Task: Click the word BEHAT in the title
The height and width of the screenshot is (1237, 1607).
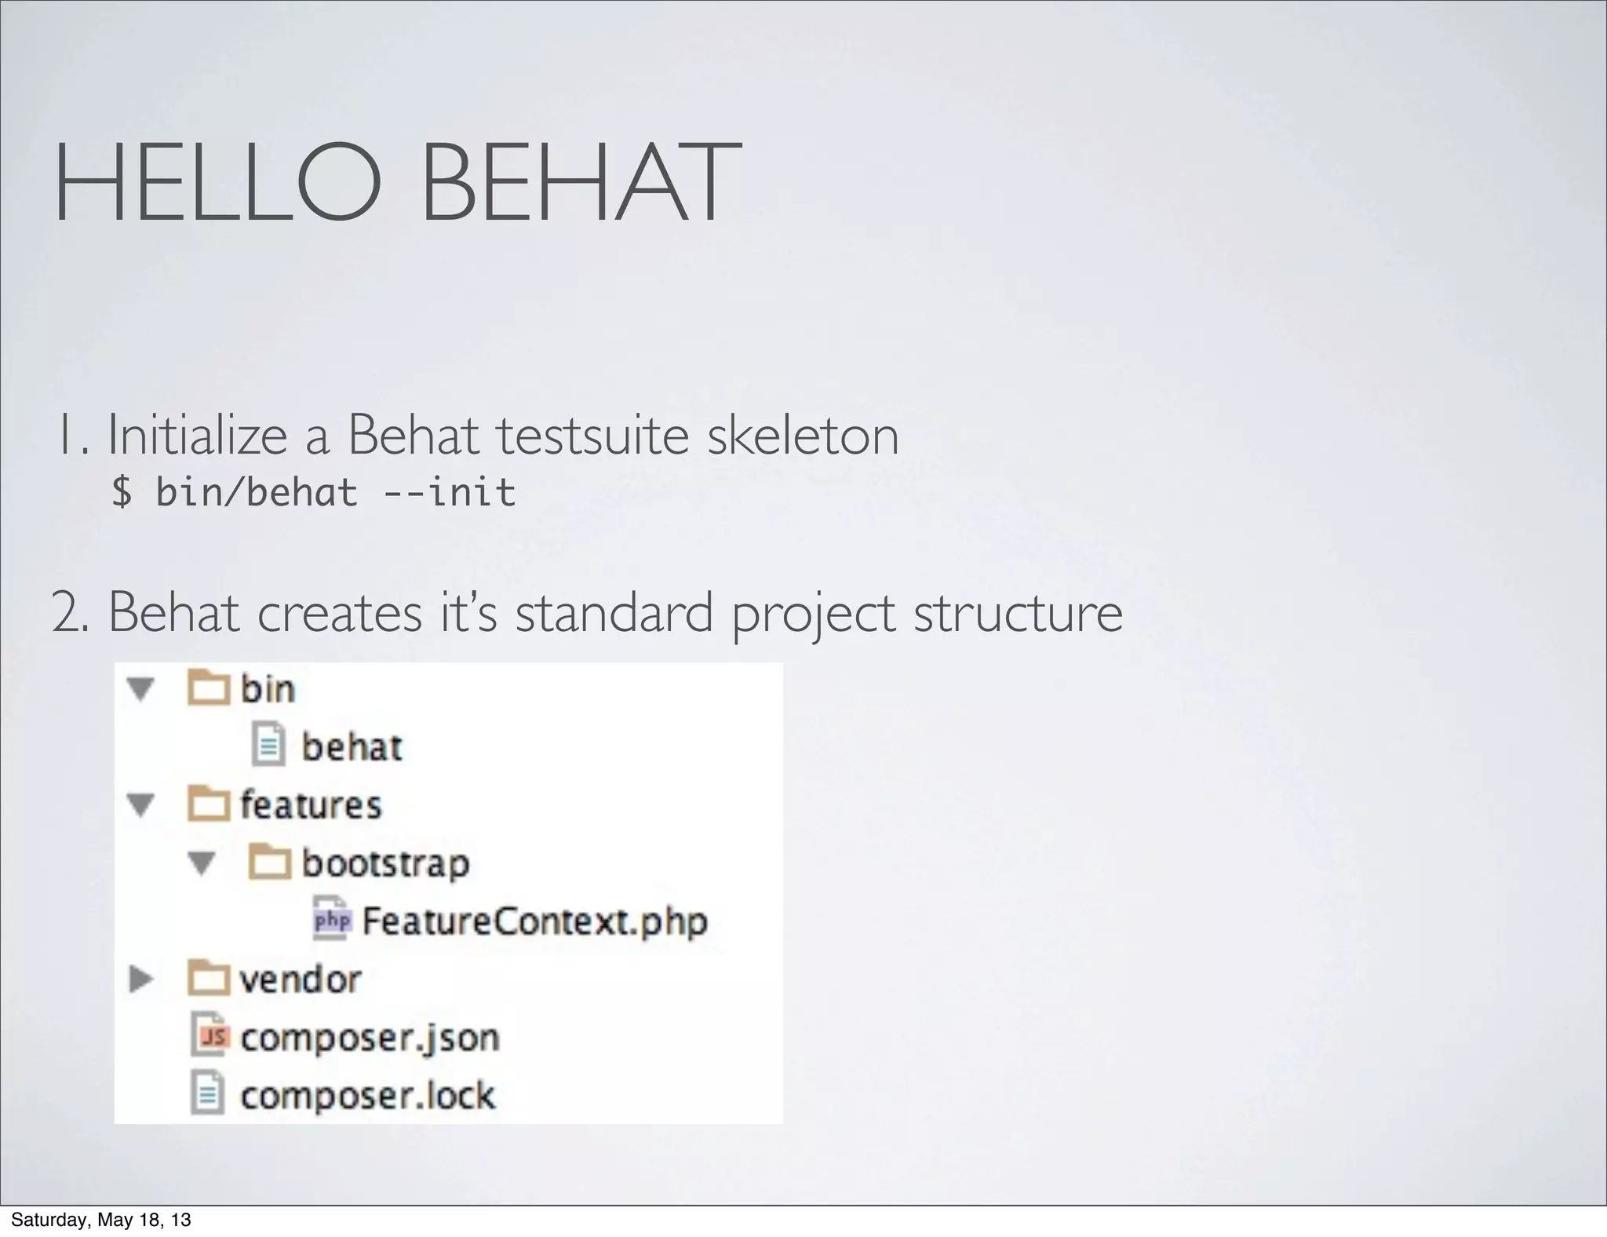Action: pyautogui.click(x=581, y=182)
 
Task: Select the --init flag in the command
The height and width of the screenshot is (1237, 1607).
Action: pyautogui.click(x=450, y=493)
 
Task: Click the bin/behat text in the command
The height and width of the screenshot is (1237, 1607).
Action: pyautogui.click(x=257, y=493)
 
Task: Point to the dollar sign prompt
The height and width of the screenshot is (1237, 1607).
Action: pyautogui.click(x=122, y=493)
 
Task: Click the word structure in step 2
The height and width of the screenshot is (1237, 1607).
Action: pyautogui.click(x=1018, y=613)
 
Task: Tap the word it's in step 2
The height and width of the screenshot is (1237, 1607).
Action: pyautogui.click(x=468, y=613)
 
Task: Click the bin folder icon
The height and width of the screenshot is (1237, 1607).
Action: pyautogui.click(x=208, y=689)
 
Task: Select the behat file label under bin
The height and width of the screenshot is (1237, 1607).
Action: pyautogui.click(x=352, y=747)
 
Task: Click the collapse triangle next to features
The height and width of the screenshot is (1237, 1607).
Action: pyautogui.click(x=141, y=805)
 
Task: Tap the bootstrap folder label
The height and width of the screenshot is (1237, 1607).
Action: pyautogui.click(x=385, y=863)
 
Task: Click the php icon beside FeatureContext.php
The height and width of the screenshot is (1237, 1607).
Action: pyautogui.click(x=332, y=920)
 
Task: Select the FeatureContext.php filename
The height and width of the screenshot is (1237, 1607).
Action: pyautogui.click(x=534, y=921)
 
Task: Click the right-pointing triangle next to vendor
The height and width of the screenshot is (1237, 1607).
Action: pyautogui.click(x=141, y=979)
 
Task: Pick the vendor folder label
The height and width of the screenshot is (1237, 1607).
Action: pyautogui.click(x=300, y=980)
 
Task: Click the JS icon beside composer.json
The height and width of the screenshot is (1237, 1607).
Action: pyautogui.click(x=210, y=1037)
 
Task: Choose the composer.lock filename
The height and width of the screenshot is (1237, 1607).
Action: pyautogui.click(x=367, y=1096)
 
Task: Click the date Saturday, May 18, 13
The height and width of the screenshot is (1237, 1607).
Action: pyautogui.click(x=100, y=1220)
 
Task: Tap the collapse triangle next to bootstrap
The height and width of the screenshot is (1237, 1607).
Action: pyautogui.click(x=202, y=863)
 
